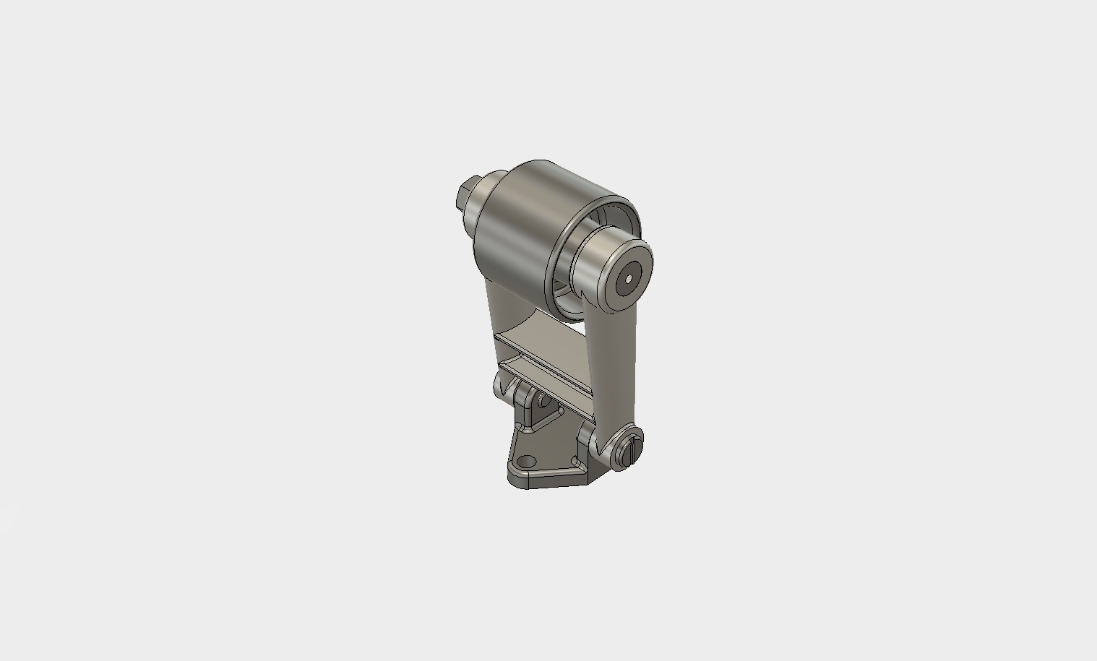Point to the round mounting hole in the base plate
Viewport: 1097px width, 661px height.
click(527, 461)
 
